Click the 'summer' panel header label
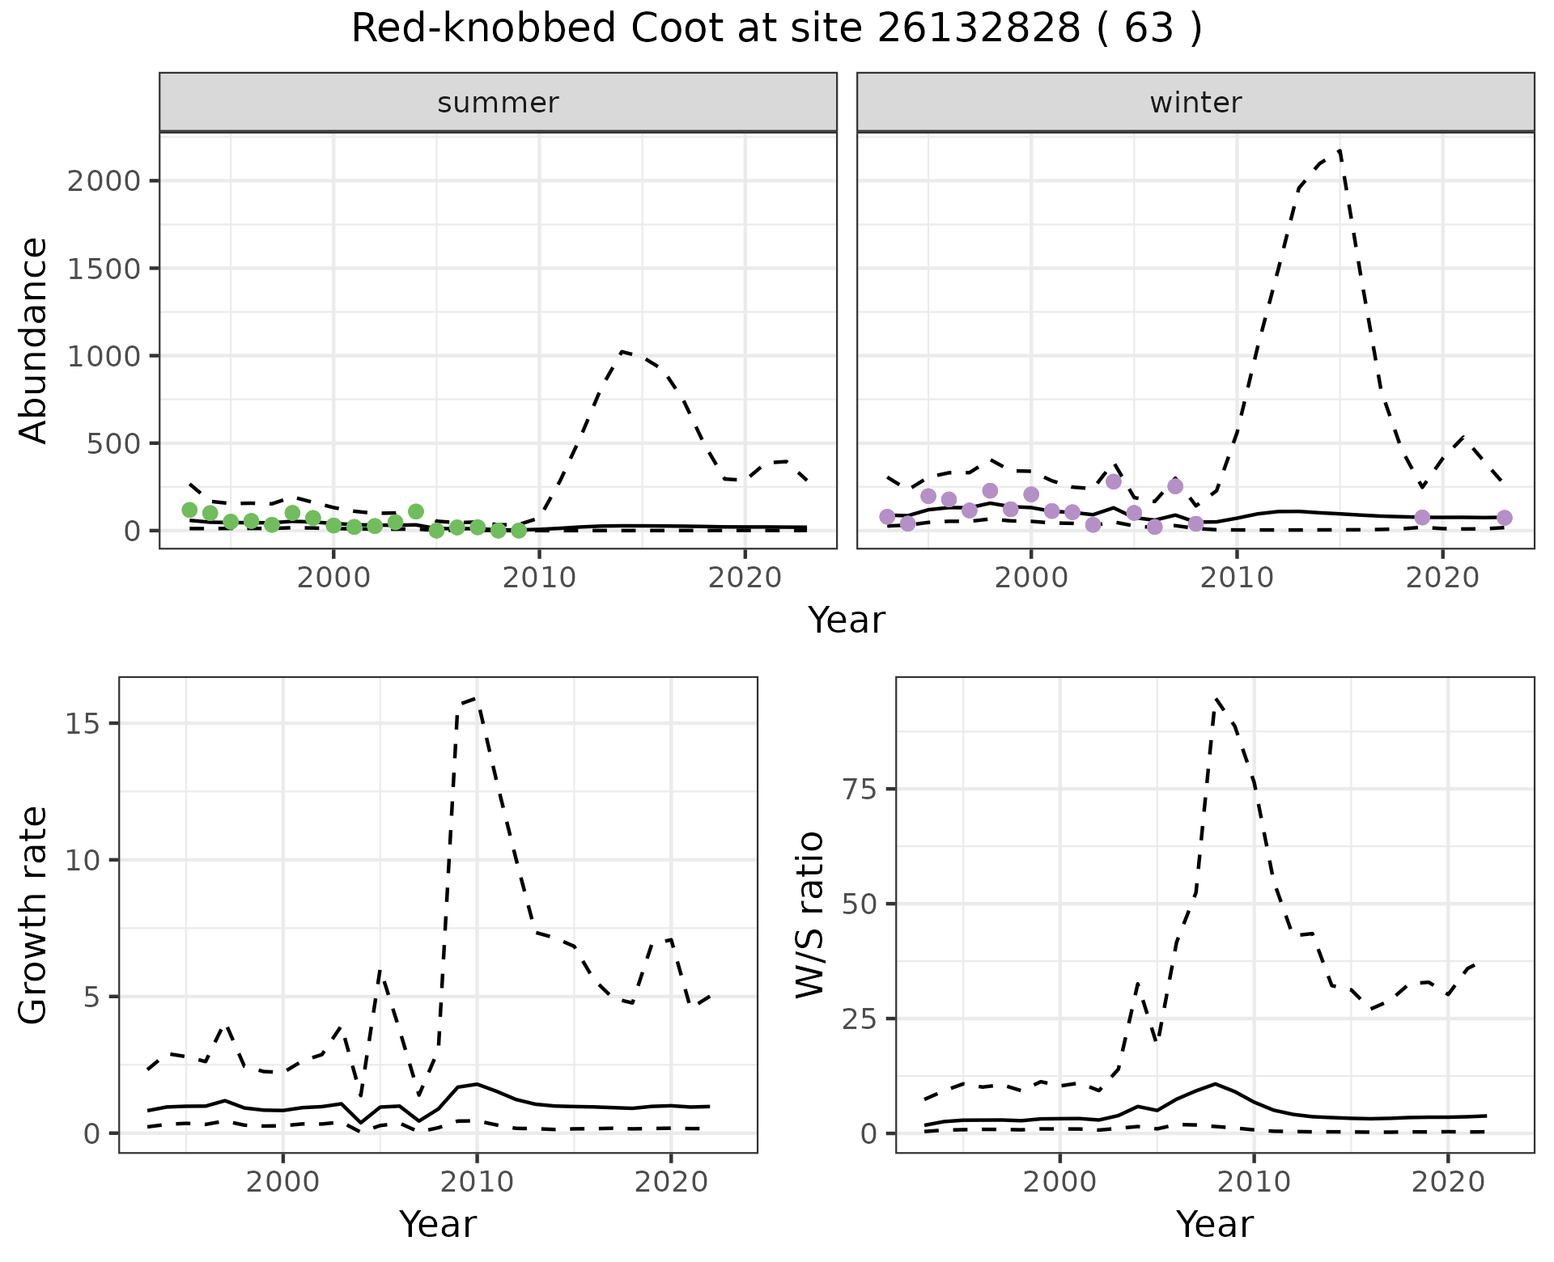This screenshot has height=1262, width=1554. (x=498, y=103)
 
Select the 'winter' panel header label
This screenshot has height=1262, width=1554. (x=1195, y=103)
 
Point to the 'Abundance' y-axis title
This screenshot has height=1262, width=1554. (x=34, y=340)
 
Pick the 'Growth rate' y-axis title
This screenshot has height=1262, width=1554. (x=34, y=914)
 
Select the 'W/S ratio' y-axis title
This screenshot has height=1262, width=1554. (x=810, y=914)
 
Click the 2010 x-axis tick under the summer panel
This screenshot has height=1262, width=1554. (x=539, y=578)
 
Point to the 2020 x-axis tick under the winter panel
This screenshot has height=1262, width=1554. (x=1442, y=578)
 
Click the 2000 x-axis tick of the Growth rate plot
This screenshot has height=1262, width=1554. (x=282, y=1182)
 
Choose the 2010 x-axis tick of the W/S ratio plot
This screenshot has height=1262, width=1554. (x=1254, y=1182)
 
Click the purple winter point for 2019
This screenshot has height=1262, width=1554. (x=1422, y=518)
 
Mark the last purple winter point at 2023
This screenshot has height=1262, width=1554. (x=1504, y=518)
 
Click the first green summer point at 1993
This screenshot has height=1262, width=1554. (x=189, y=510)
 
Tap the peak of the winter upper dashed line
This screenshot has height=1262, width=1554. (x=1340, y=151)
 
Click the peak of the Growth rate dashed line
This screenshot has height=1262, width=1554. (x=476, y=697)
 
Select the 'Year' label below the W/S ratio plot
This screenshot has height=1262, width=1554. (x=1214, y=1224)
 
